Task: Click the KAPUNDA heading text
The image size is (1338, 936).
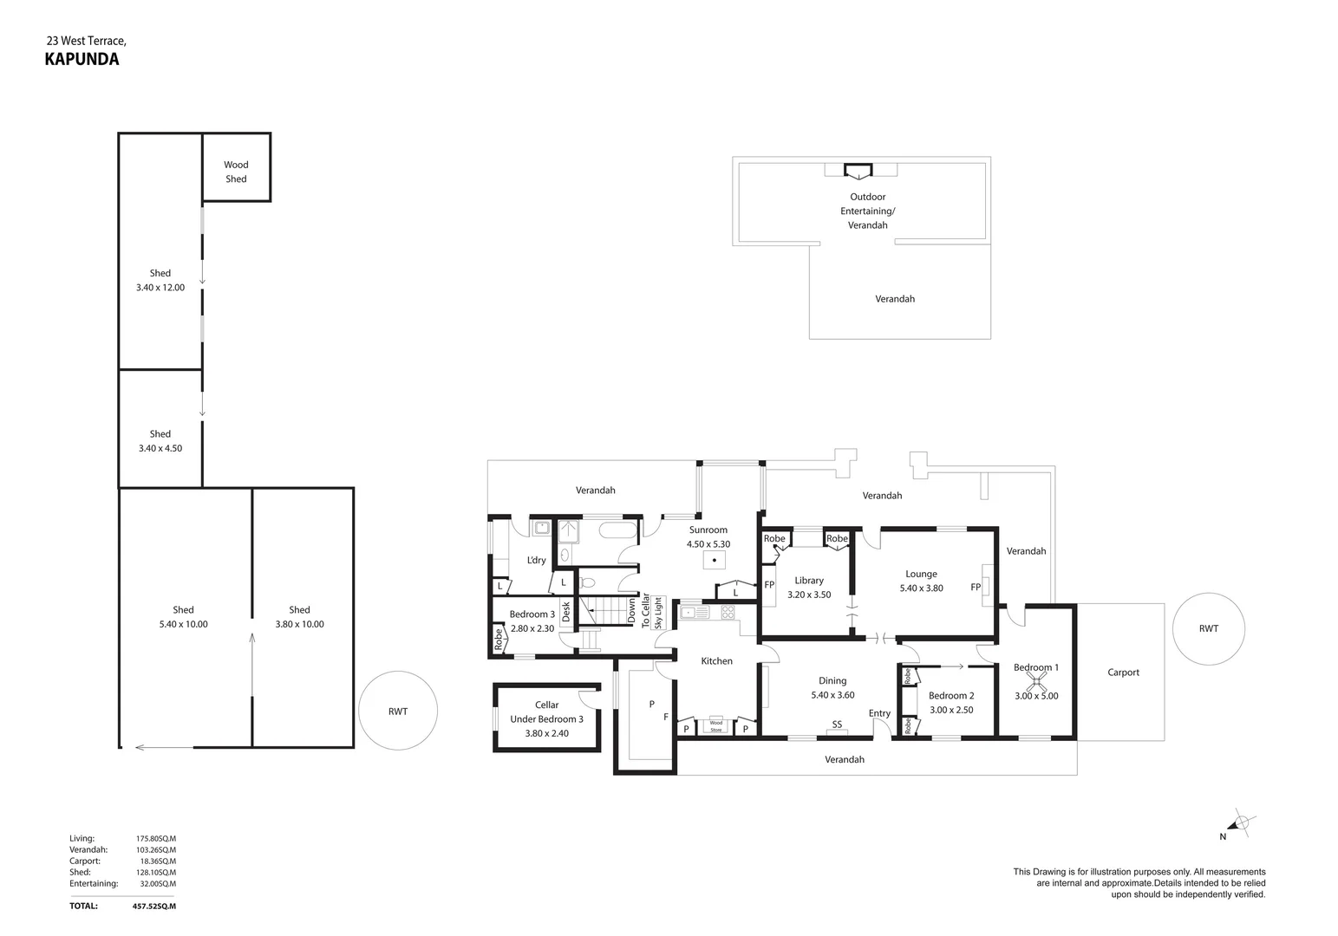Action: (82, 60)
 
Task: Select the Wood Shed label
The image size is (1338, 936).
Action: (236, 172)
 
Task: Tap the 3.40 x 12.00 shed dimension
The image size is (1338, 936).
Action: (160, 288)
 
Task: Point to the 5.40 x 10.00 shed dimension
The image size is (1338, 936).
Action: (183, 624)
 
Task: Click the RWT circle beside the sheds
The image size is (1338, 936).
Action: (398, 711)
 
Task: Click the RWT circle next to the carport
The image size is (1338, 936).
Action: (1208, 629)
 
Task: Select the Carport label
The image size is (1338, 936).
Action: (1123, 673)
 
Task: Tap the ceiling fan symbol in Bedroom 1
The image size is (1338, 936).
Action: (1036, 682)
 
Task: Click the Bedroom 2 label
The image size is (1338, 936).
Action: (951, 696)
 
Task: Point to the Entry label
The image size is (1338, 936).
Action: (879, 713)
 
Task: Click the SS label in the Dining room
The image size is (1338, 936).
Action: (837, 725)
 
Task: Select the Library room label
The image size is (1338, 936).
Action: (809, 581)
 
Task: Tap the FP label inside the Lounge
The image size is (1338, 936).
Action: (976, 588)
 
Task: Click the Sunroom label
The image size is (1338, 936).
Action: (708, 530)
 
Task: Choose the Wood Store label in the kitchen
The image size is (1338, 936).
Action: (715, 726)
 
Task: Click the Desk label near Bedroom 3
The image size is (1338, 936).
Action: (566, 612)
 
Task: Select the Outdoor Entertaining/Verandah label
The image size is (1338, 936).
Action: (867, 211)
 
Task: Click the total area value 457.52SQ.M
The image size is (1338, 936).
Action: (154, 907)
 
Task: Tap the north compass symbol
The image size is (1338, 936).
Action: (1240, 823)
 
